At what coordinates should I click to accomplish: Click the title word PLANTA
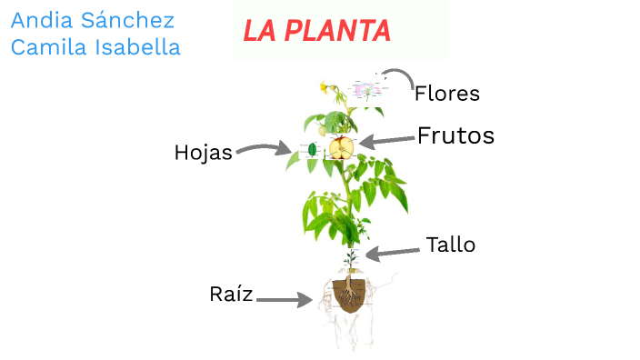336,32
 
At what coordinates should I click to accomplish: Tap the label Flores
446,93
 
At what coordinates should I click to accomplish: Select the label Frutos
455,136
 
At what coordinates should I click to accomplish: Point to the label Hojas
203,153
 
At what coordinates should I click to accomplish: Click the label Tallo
450,245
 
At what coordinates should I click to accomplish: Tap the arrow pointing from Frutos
387,140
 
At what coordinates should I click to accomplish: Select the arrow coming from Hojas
264,148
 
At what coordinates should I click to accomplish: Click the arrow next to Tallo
391,252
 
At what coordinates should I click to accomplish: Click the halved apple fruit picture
341,147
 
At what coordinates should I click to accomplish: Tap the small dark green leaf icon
312,148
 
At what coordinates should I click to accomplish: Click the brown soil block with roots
349,295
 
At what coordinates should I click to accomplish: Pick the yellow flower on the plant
324,87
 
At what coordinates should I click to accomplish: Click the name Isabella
137,47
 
